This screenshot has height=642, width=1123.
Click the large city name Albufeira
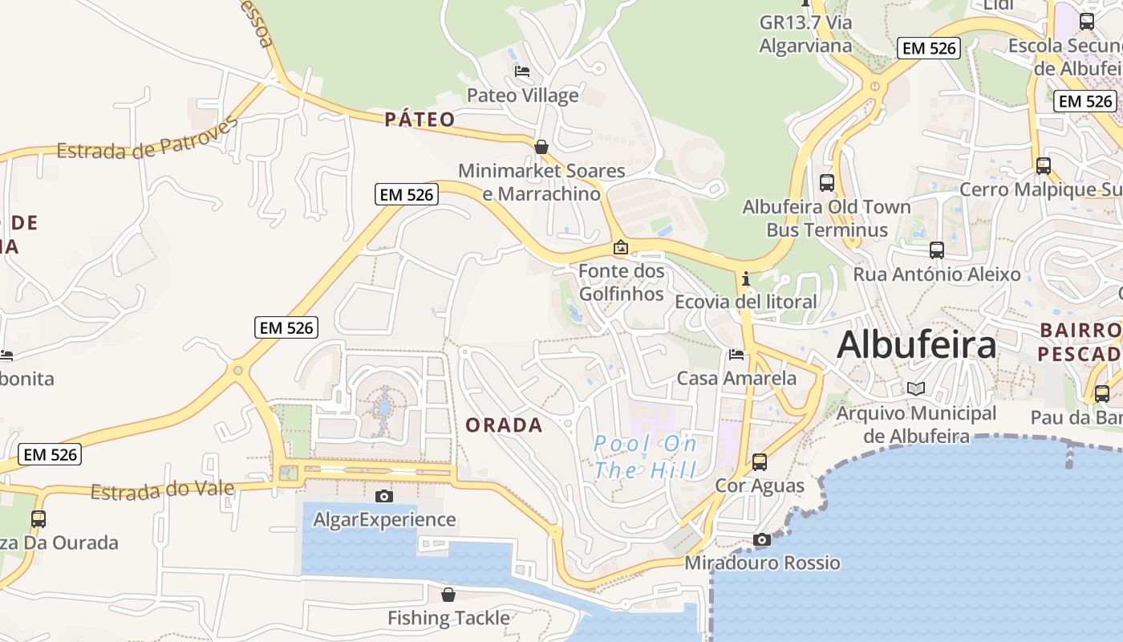click(x=916, y=345)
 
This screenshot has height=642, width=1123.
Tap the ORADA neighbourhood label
click(x=504, y=425)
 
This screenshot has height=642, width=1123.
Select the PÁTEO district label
click(x=420, y=120)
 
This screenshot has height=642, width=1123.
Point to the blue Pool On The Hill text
click(x=645, y=456)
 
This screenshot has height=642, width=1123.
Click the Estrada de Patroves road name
click(x=148, y=139)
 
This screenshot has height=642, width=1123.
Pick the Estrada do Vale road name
click(x=162, y=490)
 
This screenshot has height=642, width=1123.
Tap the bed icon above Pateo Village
click(x=522, y=71)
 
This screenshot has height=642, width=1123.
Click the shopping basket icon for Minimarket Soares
click(x=541, y=147)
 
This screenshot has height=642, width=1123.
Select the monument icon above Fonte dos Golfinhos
click(x=620, y=247)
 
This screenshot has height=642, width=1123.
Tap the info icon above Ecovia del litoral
click(x=746, y=278)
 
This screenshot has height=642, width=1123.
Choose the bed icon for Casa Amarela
click(x=736, y=354)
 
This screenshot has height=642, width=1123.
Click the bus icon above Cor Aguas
click(x=760, y=461)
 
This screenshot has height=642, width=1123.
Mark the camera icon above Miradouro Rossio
click(x=761, y=539)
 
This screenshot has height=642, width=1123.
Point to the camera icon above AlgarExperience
click(x=384, y=496)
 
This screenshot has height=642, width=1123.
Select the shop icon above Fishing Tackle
click(x=448, y=595)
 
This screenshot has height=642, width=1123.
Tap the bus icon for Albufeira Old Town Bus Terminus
click(x=827, y=182)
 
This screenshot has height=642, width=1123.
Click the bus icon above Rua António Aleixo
click(x=936, y=250)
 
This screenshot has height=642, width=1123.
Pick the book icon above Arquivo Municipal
click(x=916, y=388)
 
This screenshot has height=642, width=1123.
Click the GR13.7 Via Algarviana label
click(x=805, y=34)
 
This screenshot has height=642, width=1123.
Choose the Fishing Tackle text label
click(x=448, y=618)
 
